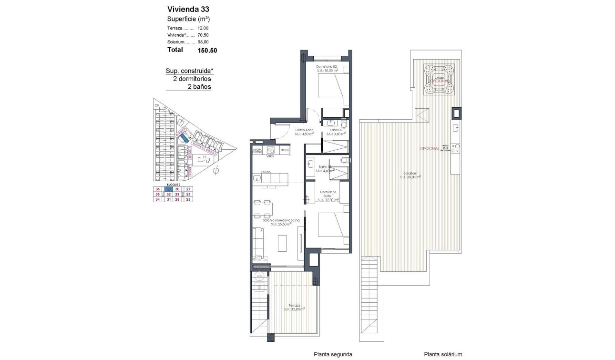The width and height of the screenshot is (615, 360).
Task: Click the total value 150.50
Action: click(207, 50)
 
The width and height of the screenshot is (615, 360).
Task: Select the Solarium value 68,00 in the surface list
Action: click(204, 42)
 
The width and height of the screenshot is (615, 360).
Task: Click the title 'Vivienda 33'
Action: click(188, 9)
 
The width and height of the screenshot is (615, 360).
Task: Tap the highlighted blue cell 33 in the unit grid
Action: click(168, 189)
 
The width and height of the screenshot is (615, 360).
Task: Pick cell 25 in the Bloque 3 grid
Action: click(188, 200)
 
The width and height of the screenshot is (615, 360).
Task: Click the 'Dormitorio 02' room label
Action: click(327, 66)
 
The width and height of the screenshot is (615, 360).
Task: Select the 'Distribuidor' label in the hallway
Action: click(304, 130)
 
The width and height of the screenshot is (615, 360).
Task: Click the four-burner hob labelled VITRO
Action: click(270, 150)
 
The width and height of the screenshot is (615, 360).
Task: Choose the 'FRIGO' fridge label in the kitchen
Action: click(285, 150)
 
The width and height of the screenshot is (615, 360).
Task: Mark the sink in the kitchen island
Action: click(257, 178)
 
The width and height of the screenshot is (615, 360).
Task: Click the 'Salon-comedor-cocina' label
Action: click(281, 220)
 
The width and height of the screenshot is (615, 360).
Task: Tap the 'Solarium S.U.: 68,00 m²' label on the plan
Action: click(410, 175)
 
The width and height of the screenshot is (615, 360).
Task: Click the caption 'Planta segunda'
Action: click(333, 354)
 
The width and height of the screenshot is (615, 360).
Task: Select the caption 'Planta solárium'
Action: click(443, 354)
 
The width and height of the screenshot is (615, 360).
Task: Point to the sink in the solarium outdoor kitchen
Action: click(456, 127)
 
